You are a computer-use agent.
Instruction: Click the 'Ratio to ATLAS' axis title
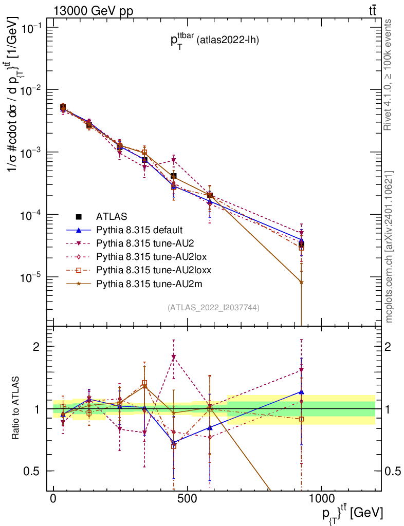pos(16,409)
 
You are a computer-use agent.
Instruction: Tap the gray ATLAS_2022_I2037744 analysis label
pos(213,308)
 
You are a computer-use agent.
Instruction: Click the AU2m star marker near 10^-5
pos(301,281)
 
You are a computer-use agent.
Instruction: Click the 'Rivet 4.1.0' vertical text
pos(389,74)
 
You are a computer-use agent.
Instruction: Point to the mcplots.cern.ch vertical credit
pos(389,247)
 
